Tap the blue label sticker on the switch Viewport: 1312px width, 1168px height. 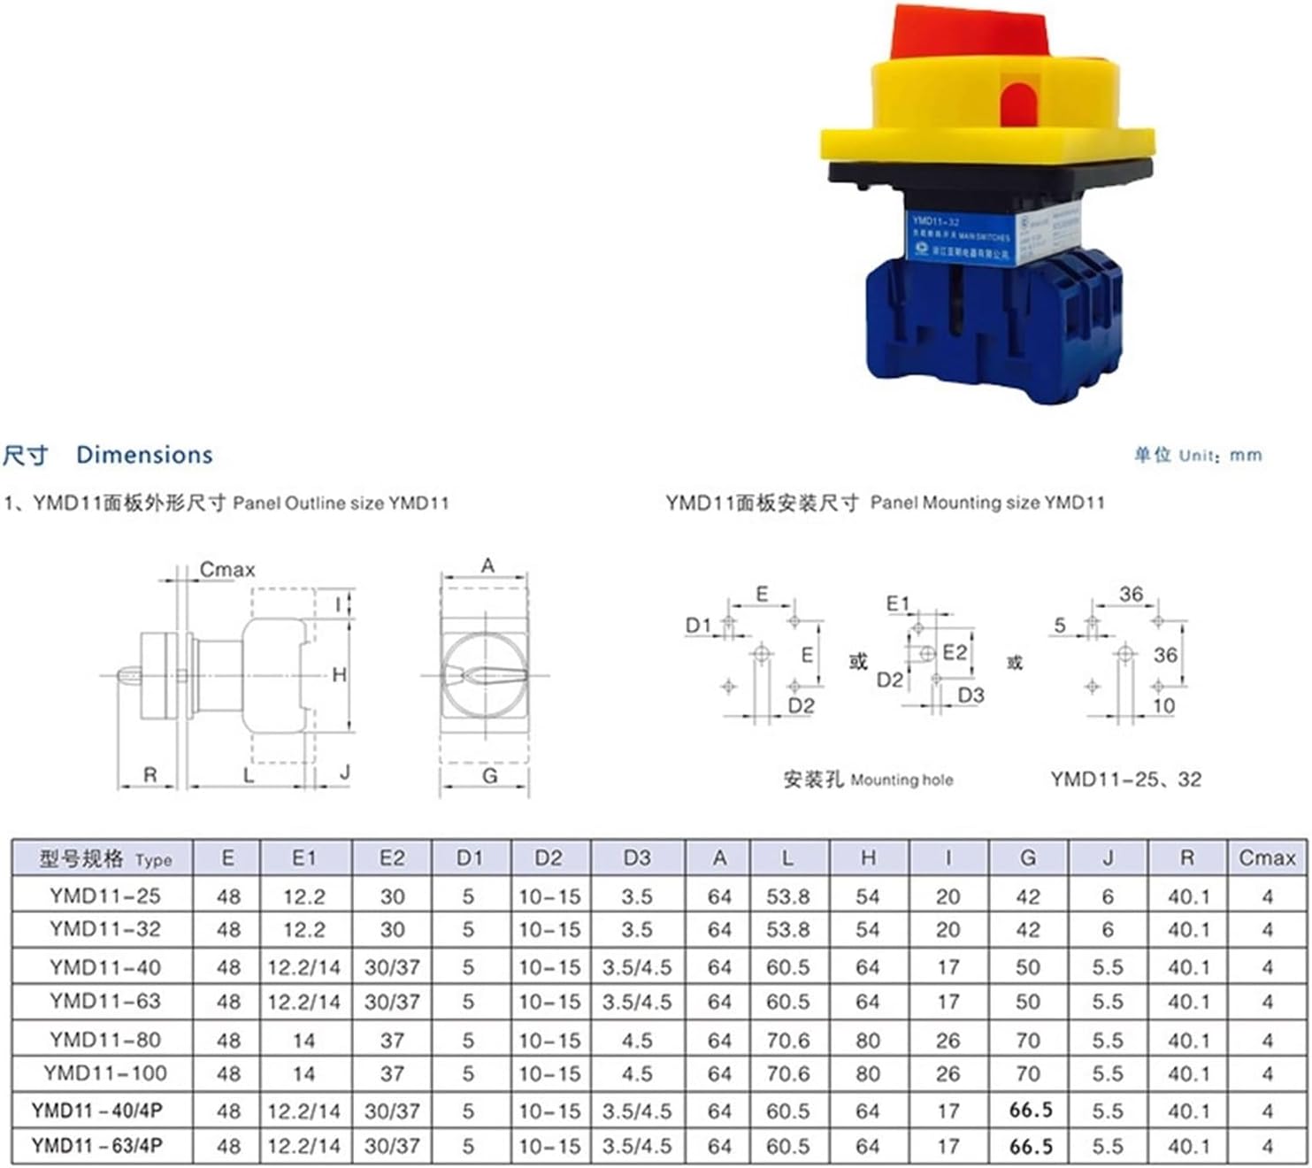click(x=961, y=237)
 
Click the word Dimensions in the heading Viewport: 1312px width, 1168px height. click(x=144, y=455)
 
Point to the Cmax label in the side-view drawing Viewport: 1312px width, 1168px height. click(x=226, y=570)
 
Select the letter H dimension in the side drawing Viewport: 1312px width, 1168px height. click(x=339, y=675)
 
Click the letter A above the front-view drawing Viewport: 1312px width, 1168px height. click(x=487, y=565)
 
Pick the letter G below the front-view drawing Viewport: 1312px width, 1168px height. click(x=489, y=776)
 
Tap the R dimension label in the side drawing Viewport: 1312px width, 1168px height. click(x=150, y=775)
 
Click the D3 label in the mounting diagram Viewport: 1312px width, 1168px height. click(x=971, y=695)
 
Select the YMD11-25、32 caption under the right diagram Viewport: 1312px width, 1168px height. click(x=1125, y=780)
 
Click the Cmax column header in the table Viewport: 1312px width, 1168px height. click(x=1267, y=858)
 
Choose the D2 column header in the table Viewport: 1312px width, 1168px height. click(x=549, y=858)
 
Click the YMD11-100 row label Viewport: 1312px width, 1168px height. click(x=105, y=1073)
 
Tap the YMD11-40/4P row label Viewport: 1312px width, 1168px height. click(x=97, y=1110)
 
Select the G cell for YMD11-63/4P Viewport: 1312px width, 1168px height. click(x=1031, y=1147)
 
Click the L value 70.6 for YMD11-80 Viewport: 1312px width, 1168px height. click(x=787, y=1041)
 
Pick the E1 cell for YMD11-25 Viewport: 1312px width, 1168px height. click(x=303, y=897)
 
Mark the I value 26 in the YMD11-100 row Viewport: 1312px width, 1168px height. click(x=948, y=1074)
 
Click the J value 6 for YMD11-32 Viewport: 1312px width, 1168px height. click(x=1108, y=930)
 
